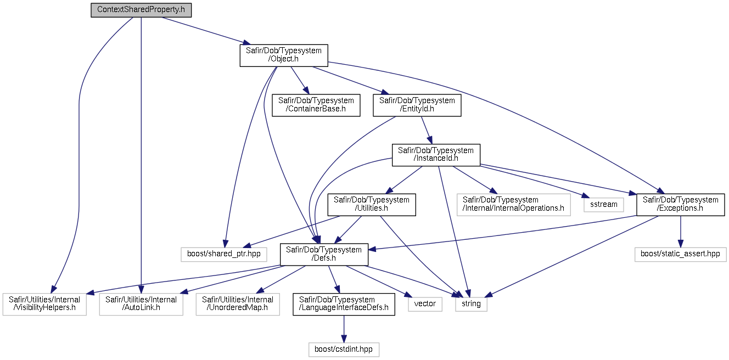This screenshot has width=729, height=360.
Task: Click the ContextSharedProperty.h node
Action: [141, 10]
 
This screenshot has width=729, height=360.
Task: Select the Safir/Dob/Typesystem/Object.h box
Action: [284, 55]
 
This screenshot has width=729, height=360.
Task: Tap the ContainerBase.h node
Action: [316, 105]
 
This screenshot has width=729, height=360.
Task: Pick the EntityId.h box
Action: [417, 105]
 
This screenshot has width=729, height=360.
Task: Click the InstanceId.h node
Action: [436, 155]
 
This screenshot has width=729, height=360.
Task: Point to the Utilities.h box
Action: [371, 205]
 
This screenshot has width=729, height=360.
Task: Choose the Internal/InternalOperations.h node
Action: [514, 205]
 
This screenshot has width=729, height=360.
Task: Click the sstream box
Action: [604, 205]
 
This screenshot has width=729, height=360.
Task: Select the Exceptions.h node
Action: [681, 205]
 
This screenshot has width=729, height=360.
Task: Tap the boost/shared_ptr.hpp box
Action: [224, 254]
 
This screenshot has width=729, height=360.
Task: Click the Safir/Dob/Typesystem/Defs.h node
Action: [324, 254]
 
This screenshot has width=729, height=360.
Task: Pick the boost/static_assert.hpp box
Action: [681, 254]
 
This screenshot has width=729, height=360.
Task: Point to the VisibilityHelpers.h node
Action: [44, 304]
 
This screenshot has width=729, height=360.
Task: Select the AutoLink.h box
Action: [141, 304]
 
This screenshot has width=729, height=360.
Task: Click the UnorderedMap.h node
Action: [238, 304]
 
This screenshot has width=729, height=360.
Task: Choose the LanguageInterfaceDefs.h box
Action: [344, 304]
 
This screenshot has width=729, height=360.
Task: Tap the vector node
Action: [425, 304]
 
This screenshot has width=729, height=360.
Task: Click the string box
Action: [471, 304]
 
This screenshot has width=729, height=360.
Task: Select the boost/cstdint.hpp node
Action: [344, 350]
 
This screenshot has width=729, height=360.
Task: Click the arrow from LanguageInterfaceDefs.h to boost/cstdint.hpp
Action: [344, 329]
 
